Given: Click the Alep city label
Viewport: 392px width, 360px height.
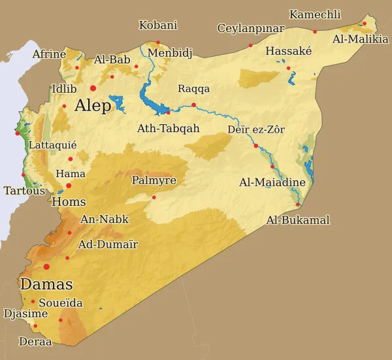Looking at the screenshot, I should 94,106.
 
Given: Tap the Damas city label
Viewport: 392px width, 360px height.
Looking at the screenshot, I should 46,284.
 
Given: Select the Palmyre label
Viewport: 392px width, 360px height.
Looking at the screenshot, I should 154,180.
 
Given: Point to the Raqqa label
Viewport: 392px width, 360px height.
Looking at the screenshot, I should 194,89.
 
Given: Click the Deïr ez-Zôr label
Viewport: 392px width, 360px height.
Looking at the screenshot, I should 256,129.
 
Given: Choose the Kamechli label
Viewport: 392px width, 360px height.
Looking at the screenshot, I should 315,14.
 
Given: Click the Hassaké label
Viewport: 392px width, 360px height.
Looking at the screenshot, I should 289,51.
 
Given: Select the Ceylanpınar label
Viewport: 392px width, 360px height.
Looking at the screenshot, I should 251,28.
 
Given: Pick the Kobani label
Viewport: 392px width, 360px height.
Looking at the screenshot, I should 158,25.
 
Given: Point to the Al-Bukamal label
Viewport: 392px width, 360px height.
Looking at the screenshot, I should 298,220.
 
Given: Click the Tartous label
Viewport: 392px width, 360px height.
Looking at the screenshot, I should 24,191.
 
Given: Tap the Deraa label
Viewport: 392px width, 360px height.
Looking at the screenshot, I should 35,341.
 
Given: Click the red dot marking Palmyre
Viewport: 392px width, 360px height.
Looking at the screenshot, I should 154,197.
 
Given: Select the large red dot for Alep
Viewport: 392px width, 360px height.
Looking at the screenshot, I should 93,88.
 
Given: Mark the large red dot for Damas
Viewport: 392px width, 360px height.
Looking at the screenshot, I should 46,267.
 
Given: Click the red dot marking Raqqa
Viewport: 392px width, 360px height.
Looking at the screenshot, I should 194,105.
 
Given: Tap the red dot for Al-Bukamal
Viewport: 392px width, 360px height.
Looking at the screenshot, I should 298,205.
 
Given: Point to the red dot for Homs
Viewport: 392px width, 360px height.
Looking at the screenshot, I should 69,186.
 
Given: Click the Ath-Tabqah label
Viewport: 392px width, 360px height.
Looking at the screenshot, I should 168,129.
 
